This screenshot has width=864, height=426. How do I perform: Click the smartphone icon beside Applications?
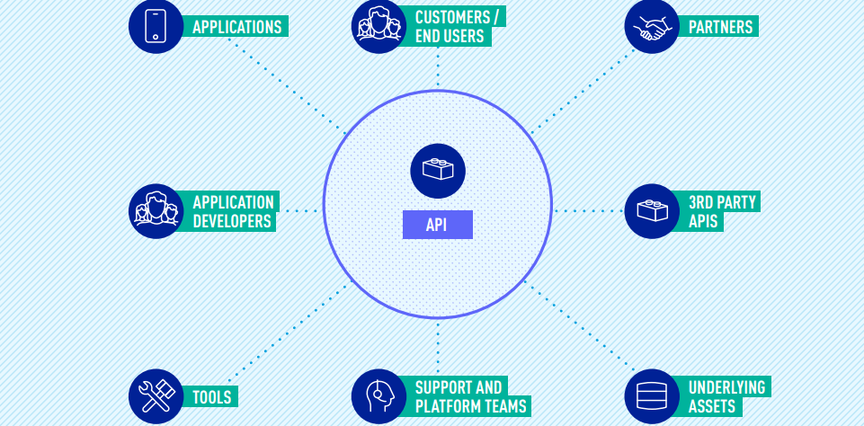(x=156, y=26)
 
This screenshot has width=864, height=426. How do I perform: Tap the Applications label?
(x=237, y=27)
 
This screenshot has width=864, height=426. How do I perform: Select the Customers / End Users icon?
(x=379, y=26)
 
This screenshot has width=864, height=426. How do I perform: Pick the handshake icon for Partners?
(x=652, y=26)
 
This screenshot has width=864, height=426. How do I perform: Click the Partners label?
(x=721, y=27)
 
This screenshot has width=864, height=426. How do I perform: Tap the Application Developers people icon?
(x=156, y=211)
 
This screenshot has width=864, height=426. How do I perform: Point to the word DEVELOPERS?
(x=232, y=221)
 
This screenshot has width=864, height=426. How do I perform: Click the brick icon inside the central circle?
(x=438, y=170)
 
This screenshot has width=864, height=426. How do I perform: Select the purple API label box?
(x=437, y=225)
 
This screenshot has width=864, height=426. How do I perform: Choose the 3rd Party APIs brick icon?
(x=652, y=211)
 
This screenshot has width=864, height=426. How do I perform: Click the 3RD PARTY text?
(x=722, y=202)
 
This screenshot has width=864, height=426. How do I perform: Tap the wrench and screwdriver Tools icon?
(x=156, y=396)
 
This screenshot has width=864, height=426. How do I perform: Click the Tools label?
(x=212, y=397)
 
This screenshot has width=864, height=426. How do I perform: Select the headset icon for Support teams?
(x=379, y=396)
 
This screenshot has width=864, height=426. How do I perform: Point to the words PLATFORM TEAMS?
(x=471, y=406)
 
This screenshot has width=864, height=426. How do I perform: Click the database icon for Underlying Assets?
(x=652, y=396)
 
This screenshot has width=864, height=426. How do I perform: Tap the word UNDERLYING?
(x=726, y=387)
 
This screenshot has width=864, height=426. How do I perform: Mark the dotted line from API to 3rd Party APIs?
(x=588, y=211)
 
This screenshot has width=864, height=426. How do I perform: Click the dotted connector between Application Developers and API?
(x=298, y=211)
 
